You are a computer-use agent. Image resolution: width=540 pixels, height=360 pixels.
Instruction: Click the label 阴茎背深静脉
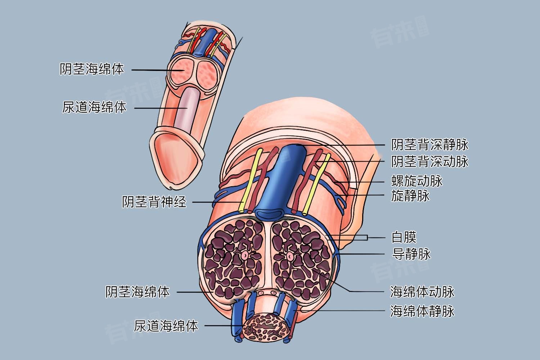coord(430,145)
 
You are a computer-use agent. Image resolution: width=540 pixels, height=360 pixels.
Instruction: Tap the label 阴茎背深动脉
coord(430,161)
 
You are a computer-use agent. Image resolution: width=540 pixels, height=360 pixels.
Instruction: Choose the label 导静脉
coord(410,254)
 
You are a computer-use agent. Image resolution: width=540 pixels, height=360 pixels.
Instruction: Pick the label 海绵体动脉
coord(422,292)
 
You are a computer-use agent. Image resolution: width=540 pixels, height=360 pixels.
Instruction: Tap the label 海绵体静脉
coord(422,311)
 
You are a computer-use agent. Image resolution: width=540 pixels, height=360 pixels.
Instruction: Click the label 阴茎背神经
coord(154,202)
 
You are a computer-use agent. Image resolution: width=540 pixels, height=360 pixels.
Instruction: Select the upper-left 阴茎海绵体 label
coord(92,69)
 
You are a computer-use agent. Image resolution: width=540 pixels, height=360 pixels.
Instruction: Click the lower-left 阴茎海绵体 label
coord(138,292)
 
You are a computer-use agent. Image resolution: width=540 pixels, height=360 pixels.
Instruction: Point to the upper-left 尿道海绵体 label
coord(94,107)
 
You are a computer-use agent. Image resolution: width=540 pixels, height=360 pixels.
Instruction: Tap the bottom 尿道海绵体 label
coord(166,326)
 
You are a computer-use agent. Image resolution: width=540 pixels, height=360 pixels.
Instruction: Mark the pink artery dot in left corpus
coord(245,256)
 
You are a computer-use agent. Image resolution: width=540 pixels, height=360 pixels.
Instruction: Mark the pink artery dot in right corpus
coord(290,256)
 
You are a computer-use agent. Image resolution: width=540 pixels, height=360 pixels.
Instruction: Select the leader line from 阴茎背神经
coord(216,202)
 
